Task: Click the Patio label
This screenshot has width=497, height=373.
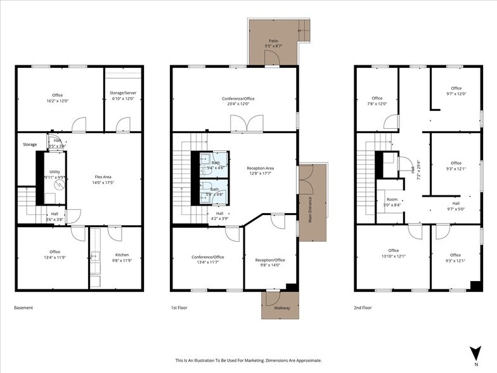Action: click(273, 41)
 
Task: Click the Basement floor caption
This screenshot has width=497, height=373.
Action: click(23, 308)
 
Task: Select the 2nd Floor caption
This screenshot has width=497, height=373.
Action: click(363, 308)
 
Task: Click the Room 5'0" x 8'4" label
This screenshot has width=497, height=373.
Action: click(392, 202)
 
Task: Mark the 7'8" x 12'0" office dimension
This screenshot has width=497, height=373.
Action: click(377, 104)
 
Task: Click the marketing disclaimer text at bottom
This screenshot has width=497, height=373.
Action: click(248, 360)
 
